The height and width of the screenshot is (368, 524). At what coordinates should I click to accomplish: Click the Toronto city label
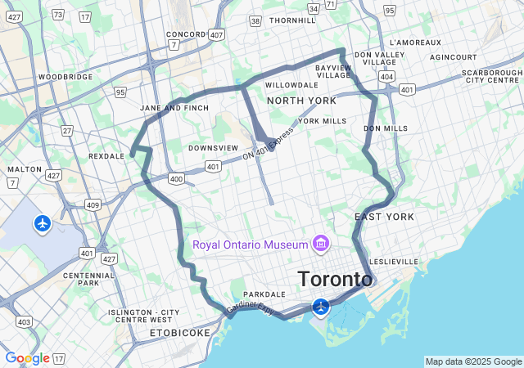[x=335, y=279]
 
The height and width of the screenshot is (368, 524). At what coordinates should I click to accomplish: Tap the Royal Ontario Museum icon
[x=320, y=245]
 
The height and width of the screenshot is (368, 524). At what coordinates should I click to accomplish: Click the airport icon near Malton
[x=43, y=222]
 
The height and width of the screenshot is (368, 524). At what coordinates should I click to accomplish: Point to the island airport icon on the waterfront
[x=321, y=307]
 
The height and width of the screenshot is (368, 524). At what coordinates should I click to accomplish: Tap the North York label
[x=300, y=101]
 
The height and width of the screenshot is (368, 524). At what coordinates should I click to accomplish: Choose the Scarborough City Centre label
[x=491, y=77]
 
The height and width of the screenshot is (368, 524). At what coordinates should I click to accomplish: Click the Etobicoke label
[x=180, y=333]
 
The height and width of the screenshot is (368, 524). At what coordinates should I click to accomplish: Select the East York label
[x=384, y=217]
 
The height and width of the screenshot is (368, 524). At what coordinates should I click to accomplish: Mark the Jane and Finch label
[x=174, y=108]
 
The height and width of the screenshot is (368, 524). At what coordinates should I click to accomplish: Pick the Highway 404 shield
[x=386, y=76]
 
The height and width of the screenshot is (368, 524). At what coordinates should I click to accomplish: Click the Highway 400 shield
[x=175, y=178]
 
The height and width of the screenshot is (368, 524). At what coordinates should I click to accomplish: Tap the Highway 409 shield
[x=93, y=204]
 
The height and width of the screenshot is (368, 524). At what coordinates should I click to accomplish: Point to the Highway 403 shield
[x=24, y=322]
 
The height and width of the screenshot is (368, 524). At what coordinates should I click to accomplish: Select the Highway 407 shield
[x=216, y=35]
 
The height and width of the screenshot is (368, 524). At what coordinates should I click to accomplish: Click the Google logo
[x=27, y=358]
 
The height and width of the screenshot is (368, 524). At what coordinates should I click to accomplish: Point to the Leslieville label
[x=394, y=262]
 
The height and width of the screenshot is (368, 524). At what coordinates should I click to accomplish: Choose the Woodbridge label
[x=65, y=77]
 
